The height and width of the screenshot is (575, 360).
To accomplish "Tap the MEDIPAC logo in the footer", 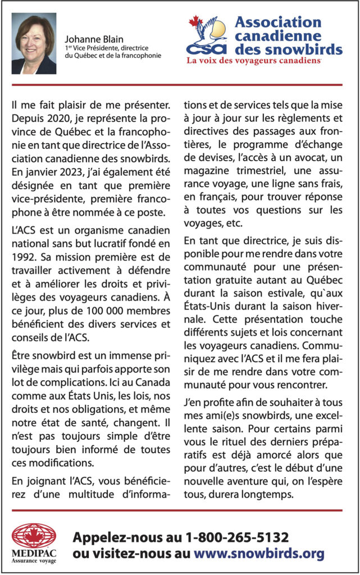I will click(x=34, y=542).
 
